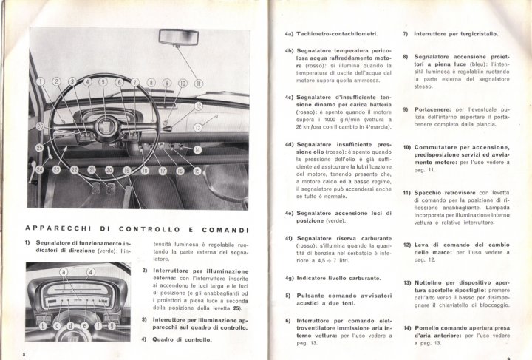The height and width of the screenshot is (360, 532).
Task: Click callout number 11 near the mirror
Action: pyautogui.click(x=199, y=84)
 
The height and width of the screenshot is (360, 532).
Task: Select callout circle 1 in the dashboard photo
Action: pyautogui.click(x=41, y=81)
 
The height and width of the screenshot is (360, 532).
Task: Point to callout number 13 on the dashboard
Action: pyautogui.click(x=197, y=129)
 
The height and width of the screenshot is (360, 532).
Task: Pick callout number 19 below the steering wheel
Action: pyautogui.click(x=126, y=171)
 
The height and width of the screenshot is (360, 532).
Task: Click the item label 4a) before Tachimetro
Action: pyautogui.click(x=289, y=34)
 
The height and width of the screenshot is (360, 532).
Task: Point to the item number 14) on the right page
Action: pyautogui.click(x=406, y=327)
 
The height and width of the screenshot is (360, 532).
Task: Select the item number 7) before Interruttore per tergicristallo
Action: pyautogui.click(x=406, y=34)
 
